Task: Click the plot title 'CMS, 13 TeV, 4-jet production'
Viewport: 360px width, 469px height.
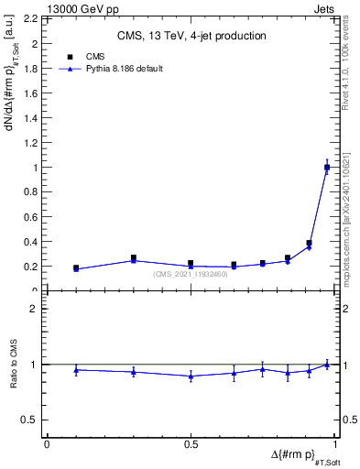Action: click(x=191, y=37)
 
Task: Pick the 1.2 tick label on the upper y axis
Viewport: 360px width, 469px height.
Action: click(x=32, y=143)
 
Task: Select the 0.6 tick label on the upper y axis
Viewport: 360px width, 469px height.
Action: click(x=32, y=217)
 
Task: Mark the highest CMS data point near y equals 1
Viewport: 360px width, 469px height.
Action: click(x=327, y=168)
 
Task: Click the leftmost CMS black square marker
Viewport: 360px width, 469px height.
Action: click(x=76, y=268)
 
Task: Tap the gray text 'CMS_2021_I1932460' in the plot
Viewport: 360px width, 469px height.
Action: click(x=191, y=274)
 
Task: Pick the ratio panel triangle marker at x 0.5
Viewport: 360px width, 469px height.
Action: click(x=191, y=376)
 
